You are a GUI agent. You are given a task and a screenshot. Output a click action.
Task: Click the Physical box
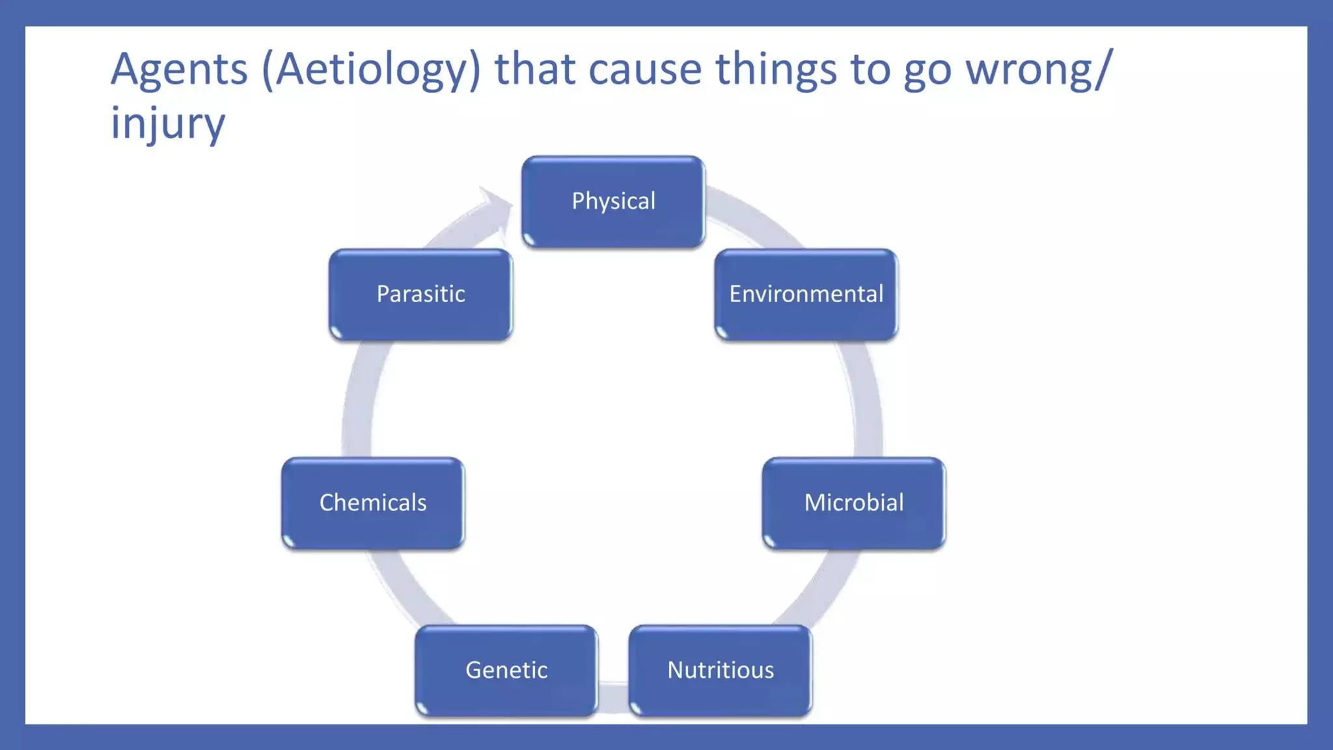(613, 202)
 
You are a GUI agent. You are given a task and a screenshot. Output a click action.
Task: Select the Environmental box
(806, 294)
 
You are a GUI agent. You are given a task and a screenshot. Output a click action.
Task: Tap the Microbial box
(853, 503)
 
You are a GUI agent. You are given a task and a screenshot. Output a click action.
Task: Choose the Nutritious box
(721, 670)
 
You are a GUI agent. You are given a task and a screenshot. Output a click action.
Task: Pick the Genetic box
(506, 670)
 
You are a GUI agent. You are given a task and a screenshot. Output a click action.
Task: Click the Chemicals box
(373, 503)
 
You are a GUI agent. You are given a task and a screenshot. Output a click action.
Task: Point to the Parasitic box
(420, 294)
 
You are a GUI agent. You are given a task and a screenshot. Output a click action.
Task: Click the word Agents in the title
(179, 70)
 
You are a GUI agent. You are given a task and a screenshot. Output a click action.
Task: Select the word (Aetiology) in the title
(371, 70)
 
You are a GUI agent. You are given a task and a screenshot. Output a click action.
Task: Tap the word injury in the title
(167, 124)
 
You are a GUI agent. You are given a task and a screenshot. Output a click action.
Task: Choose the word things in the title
(776, 70)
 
